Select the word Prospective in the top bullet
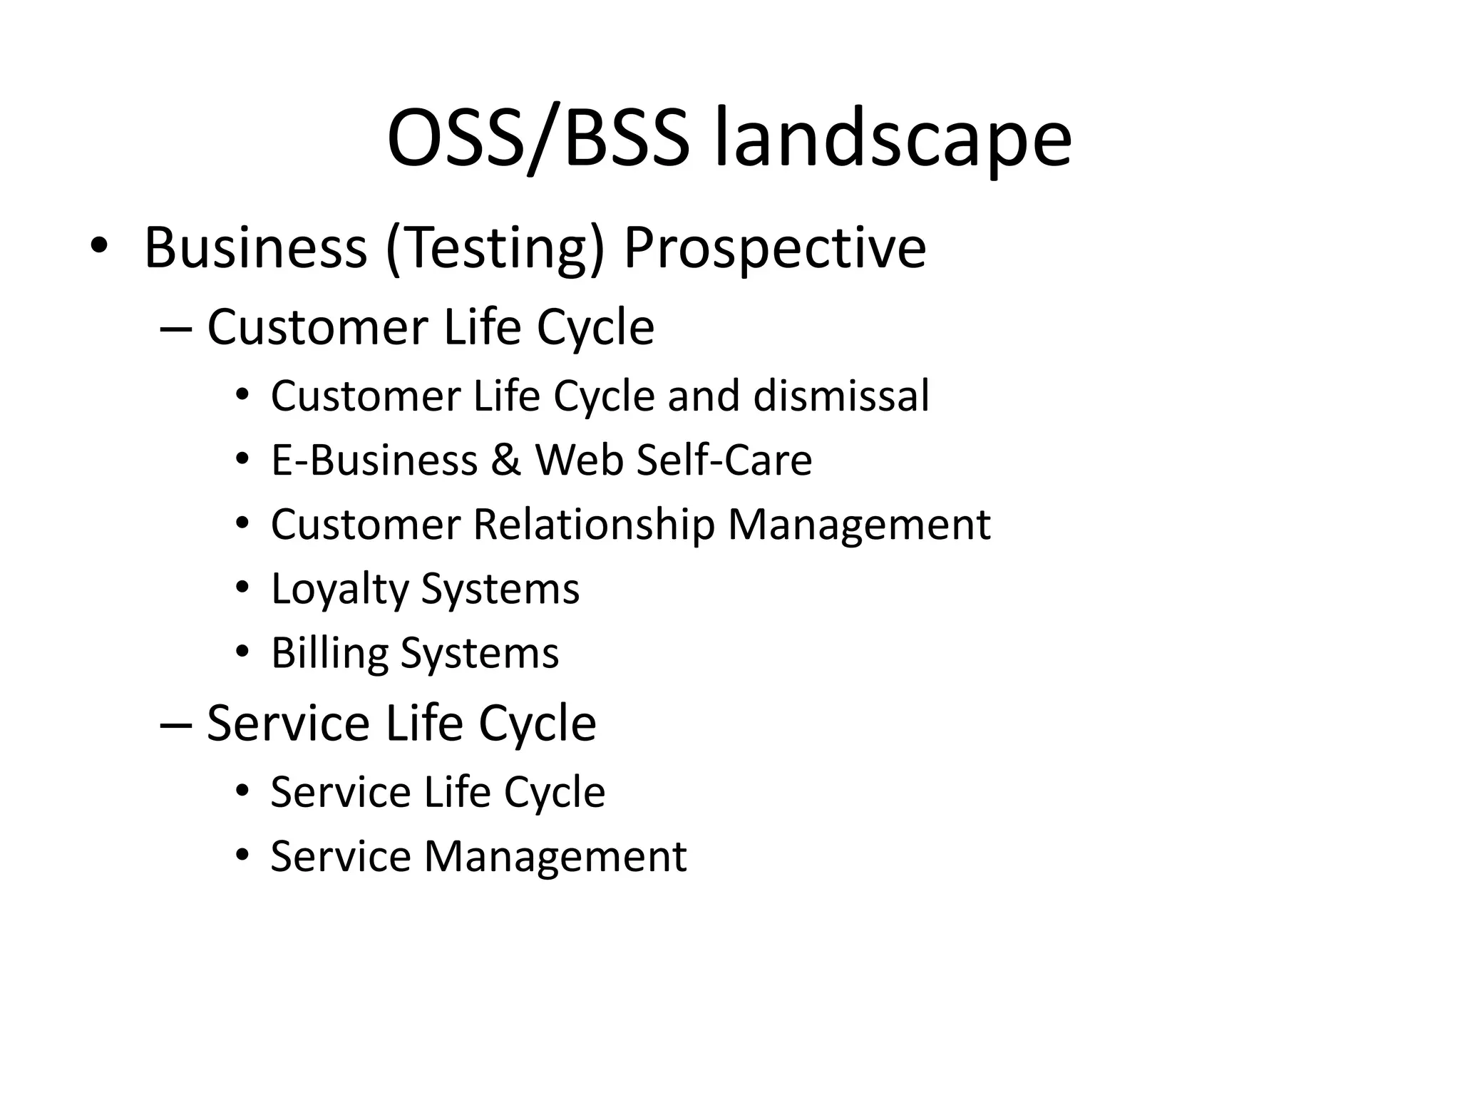pyautogui.click(x=775, y=249)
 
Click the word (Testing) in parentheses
pyautogui.click(x=495, y=249)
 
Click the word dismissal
pyautogui.click(x=841, y=396)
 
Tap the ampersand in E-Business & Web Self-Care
pyautogui.click(x=505, y=461)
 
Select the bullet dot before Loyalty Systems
pyautogui.click(x=242, y=587)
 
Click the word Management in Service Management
pyautogui.click(x=555, y=856)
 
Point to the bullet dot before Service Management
pyautogui.click(x=242, y=854)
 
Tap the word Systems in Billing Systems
pyautogui.click(x=479, y=654)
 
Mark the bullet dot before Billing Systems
pyautogui.click(x=242, y=651)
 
